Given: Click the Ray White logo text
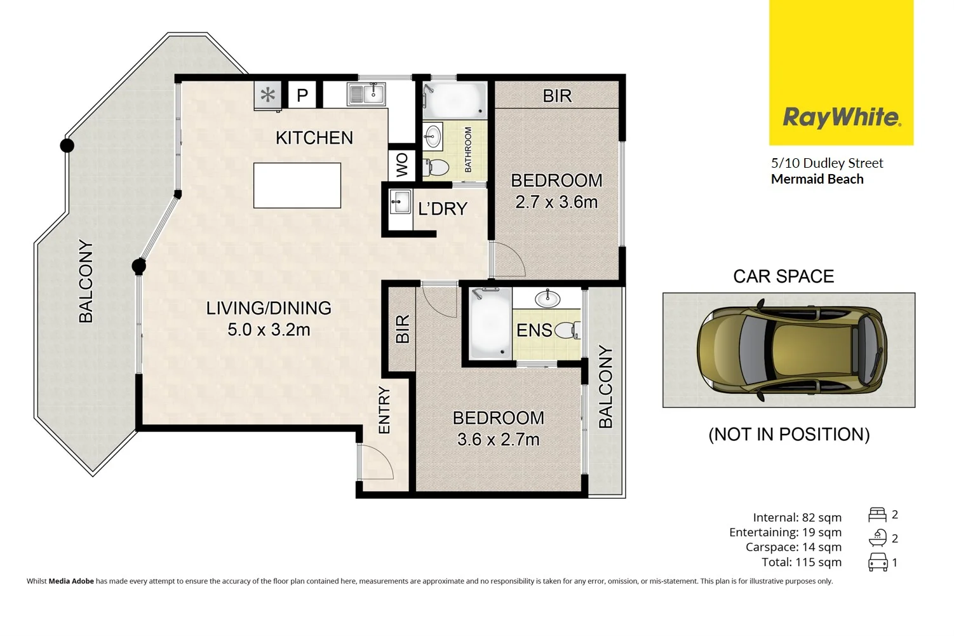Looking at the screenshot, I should (x=841, y=118).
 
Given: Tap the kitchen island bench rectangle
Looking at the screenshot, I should (x=297, y=186).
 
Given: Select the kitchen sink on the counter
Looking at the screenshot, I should (x=366, y=94).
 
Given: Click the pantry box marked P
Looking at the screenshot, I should (x=302, y=95).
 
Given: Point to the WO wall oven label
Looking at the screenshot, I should (x=401, y=165).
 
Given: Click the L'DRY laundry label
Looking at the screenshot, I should (x=443, y=209).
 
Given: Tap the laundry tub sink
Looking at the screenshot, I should (x=400, y=203).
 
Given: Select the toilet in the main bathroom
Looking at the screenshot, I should (x=436, y=167).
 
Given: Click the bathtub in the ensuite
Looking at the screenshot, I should (x=490, y=323).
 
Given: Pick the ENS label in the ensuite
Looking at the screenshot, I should (x=534, y=330).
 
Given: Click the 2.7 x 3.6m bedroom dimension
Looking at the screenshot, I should (x=556, y=202).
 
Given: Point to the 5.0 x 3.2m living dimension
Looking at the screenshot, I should (x=269, y=330).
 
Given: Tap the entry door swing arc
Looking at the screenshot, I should (x=377, y=463).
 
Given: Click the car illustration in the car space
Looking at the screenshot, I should (x=791, y=350).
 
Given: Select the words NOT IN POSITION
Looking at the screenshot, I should (x=789, y=435).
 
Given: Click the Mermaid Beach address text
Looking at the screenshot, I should (x=817, y=179).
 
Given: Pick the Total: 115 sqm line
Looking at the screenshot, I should (x=801, y=562).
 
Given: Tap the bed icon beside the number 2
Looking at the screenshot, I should (x=877, y=515).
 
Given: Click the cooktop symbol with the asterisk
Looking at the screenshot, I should (x=268, y=95).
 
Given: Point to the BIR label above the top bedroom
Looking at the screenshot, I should (x=557, y=96).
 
